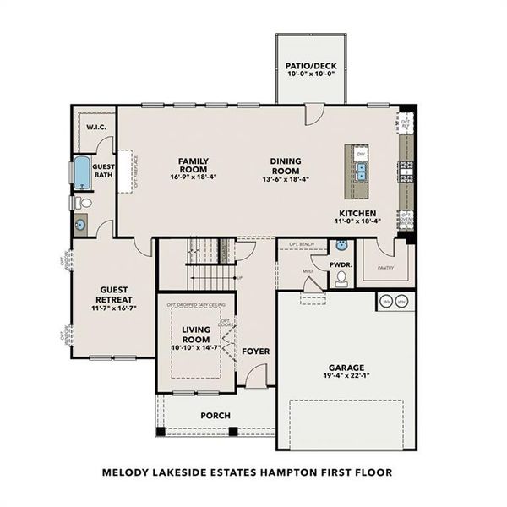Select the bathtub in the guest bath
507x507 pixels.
tap(80, 173)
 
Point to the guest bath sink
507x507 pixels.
tap(81, 224)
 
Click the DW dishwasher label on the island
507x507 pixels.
tap(361, 155)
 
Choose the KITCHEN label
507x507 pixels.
tap(357, 212)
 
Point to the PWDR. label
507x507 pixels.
tap(341, 264)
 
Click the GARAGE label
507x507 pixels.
tap(347, 368)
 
